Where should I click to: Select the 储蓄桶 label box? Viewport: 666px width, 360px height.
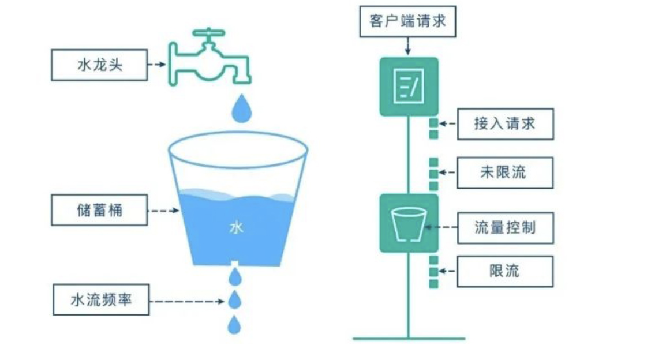point(99,211)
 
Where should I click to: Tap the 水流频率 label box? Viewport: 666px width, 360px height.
point(100,300)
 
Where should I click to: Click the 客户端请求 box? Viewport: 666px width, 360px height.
point(407,21)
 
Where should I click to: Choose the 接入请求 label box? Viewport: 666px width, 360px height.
point(505,123)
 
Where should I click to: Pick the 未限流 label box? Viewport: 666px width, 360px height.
point(504,172)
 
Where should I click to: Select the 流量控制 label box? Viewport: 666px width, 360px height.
point(505,227)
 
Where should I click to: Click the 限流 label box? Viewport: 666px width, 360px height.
point(504,271)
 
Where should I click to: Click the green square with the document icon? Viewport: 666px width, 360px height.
point(409,86)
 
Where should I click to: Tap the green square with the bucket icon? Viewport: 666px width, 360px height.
point(409,223)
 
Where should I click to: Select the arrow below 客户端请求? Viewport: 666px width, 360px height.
point(408,46)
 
